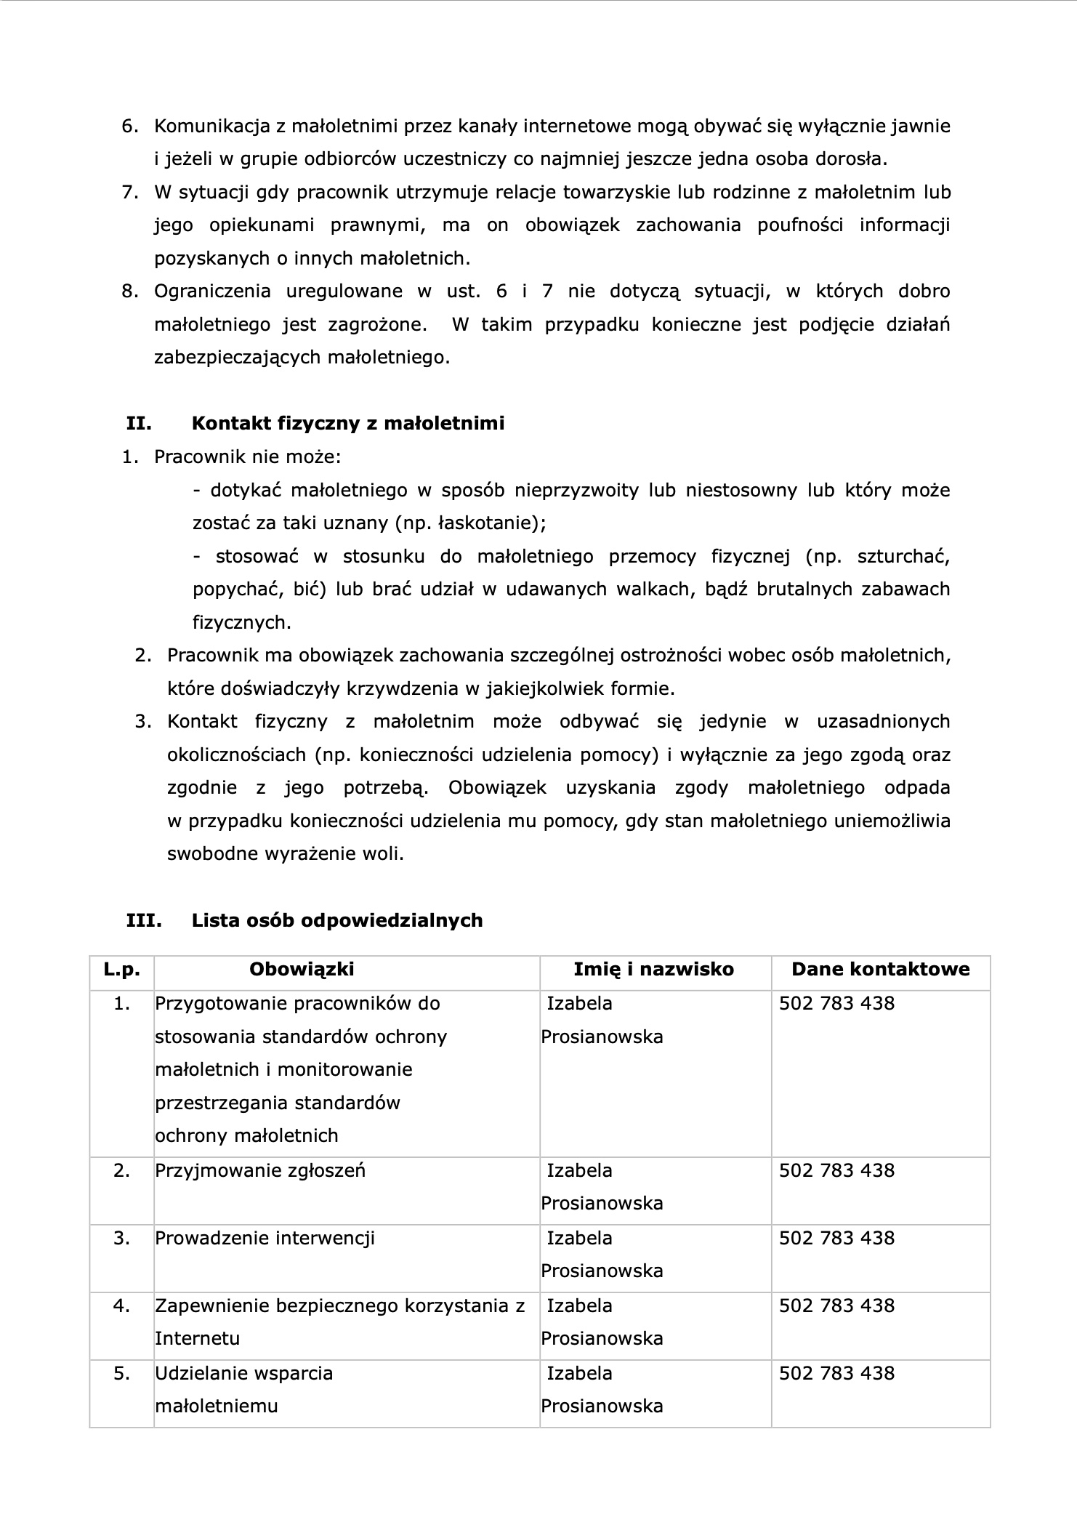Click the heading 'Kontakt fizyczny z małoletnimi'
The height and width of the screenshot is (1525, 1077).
347,423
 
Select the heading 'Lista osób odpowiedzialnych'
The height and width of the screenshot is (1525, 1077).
337,920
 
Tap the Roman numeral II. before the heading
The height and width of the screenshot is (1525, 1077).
139,423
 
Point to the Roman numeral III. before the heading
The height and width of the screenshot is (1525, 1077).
144,920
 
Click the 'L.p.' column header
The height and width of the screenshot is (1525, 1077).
121,969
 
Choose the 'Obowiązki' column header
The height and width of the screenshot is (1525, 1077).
302,969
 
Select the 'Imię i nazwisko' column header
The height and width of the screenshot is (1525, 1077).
653,969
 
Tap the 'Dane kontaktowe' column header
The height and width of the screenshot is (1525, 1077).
880,969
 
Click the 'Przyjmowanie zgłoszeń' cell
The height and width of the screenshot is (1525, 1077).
259,1170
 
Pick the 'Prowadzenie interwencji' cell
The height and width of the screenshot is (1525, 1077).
265,1238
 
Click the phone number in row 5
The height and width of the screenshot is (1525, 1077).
836,1373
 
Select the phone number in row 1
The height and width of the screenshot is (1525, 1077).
836,1003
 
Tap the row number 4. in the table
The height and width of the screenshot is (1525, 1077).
121,1305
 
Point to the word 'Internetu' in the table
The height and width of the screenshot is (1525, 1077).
197,1338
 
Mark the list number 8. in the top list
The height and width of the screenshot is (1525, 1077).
130,291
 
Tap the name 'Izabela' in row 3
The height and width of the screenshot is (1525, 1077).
579,1238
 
